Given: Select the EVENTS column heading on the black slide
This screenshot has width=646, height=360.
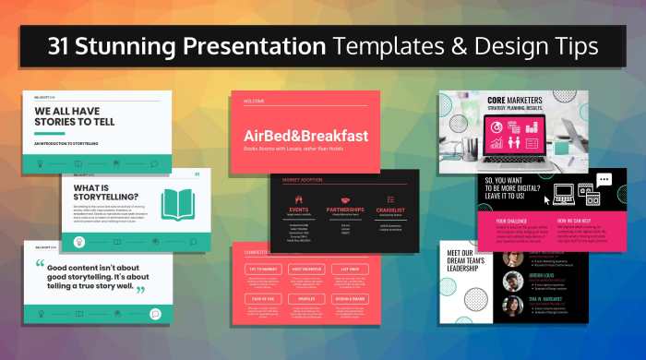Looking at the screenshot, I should (x=299, y=210).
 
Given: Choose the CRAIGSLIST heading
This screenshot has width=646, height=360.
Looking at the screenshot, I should (x=391, y=210).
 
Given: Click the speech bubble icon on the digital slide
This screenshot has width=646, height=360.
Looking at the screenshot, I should (x=604, y=180).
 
